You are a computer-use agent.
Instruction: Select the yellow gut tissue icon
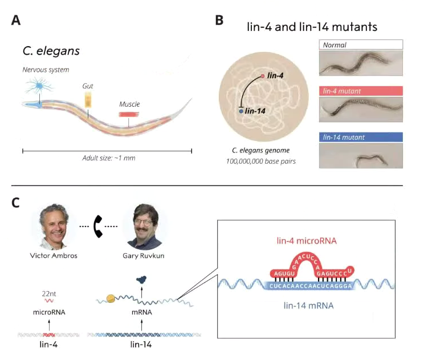(88, 100)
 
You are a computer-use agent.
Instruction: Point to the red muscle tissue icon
(129, 114)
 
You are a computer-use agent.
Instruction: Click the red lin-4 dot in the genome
(263, 75)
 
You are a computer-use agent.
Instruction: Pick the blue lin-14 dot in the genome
(241, 112)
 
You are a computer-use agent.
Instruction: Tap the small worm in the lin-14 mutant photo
(370, 158)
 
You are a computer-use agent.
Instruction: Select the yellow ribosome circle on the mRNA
(107, 299)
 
